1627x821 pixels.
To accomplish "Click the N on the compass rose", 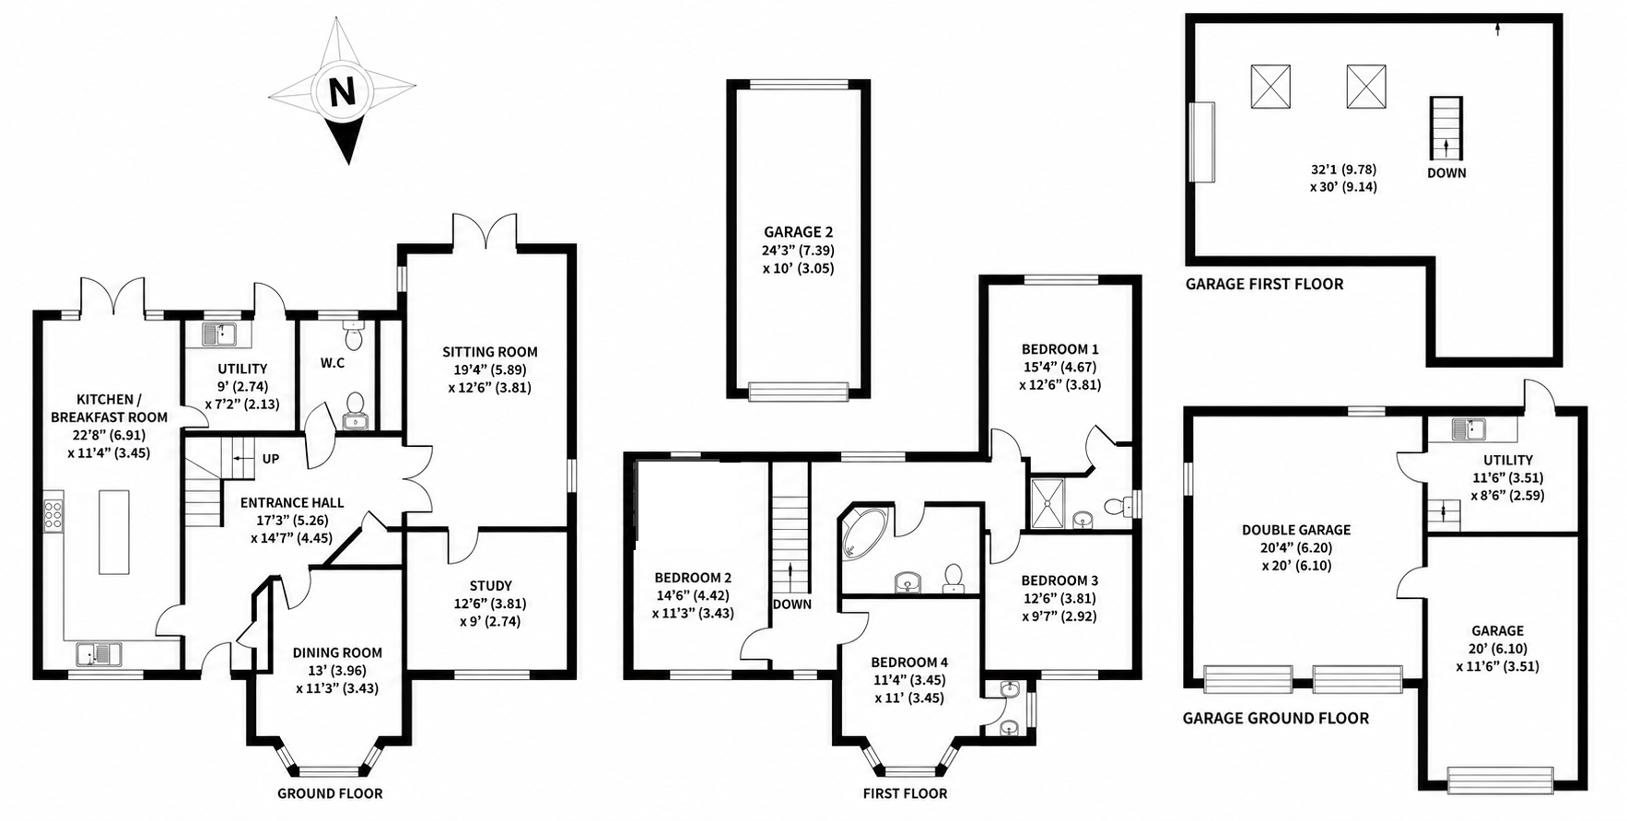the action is [x=342, y=91].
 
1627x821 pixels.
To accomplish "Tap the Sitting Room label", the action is [x=490, y=351].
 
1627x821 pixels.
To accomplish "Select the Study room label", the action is [x=490, y=585].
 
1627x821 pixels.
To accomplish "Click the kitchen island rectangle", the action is [x=114, y=532].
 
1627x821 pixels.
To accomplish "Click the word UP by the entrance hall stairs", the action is [x=271, y=459].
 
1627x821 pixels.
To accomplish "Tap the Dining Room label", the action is [x=337, y=652].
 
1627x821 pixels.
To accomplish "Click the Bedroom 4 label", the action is [x=909, y=662].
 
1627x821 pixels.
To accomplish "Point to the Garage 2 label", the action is [x=798, y=232].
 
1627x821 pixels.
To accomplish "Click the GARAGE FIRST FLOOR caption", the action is [x=1264, y=284].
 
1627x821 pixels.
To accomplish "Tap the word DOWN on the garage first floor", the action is [x=1446, y=172].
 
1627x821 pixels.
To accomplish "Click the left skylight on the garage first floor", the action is [x=1270, y=87].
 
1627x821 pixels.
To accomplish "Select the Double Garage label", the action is [x=1296, y=530].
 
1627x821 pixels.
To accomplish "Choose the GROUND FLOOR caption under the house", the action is [x=330, y=793].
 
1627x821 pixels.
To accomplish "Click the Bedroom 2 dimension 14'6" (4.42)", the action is [x=693, y=595].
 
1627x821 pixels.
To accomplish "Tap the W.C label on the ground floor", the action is [x=333, y=363].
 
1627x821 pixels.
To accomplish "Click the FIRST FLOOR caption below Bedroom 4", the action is [x=905, y=793].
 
